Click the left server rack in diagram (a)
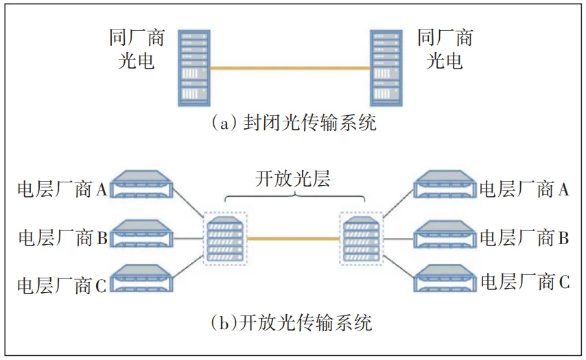coord(194,69)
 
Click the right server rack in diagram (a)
coord(386,69)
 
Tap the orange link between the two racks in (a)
coord(290,68)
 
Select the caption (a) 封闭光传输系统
coord(294,123)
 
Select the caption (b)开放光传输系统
coord(292,322)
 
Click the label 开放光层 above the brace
coord(293,178)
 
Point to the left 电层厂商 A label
coord(62,189)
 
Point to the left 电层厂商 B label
coord(63,237)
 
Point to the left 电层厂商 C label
coord(62,286)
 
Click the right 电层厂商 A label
coord(524,189)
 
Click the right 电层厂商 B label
coord(524,237)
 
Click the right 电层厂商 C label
coord(525,282)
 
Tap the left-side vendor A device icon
coord(141,184)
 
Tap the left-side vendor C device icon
coord(141,278)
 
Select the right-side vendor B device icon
coord(445,234)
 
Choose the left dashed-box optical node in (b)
coord(225,238)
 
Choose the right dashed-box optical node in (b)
coord(361,238)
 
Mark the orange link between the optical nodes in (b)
coord(293,238)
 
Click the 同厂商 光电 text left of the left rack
coord(137,49)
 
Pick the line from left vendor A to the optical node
coord(188,202)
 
